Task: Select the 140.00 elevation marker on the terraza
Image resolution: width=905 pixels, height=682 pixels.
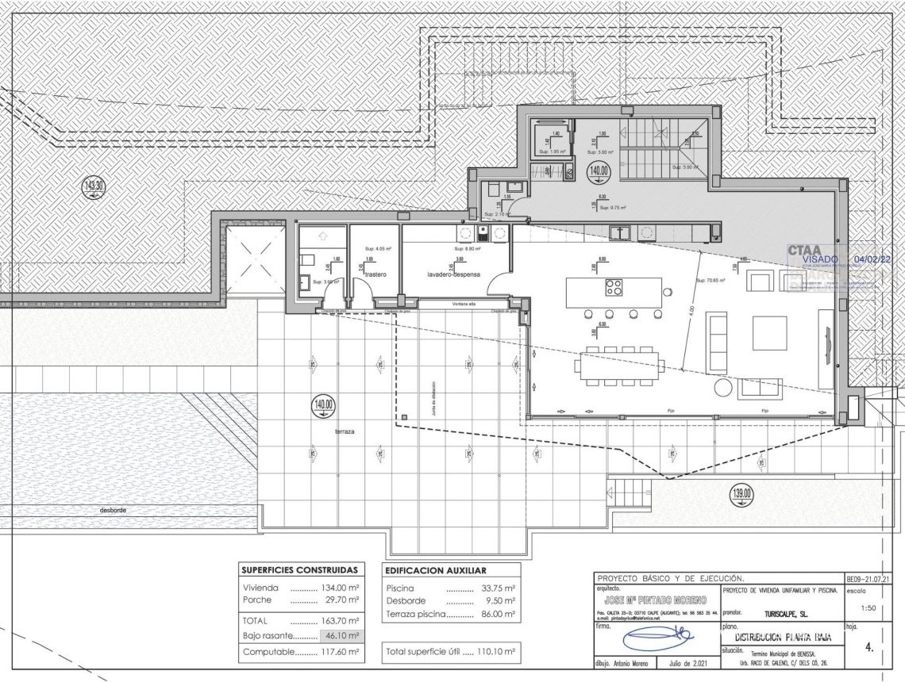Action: point(323,405)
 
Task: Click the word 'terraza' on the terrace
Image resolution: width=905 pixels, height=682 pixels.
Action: point(344,432)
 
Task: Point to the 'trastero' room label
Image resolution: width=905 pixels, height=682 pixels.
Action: point(375,274)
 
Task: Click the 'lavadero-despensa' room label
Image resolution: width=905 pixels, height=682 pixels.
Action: point(454,274)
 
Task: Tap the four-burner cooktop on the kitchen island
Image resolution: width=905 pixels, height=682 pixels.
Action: point(614,287)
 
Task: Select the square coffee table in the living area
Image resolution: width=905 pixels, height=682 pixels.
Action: point(768,328)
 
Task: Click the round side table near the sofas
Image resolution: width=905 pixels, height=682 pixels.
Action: point(722,387)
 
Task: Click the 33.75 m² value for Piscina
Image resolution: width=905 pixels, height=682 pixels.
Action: point(499,588)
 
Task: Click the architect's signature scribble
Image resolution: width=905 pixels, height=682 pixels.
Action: point(656,637)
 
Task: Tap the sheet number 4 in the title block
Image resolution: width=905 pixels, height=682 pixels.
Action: point(869,647)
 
